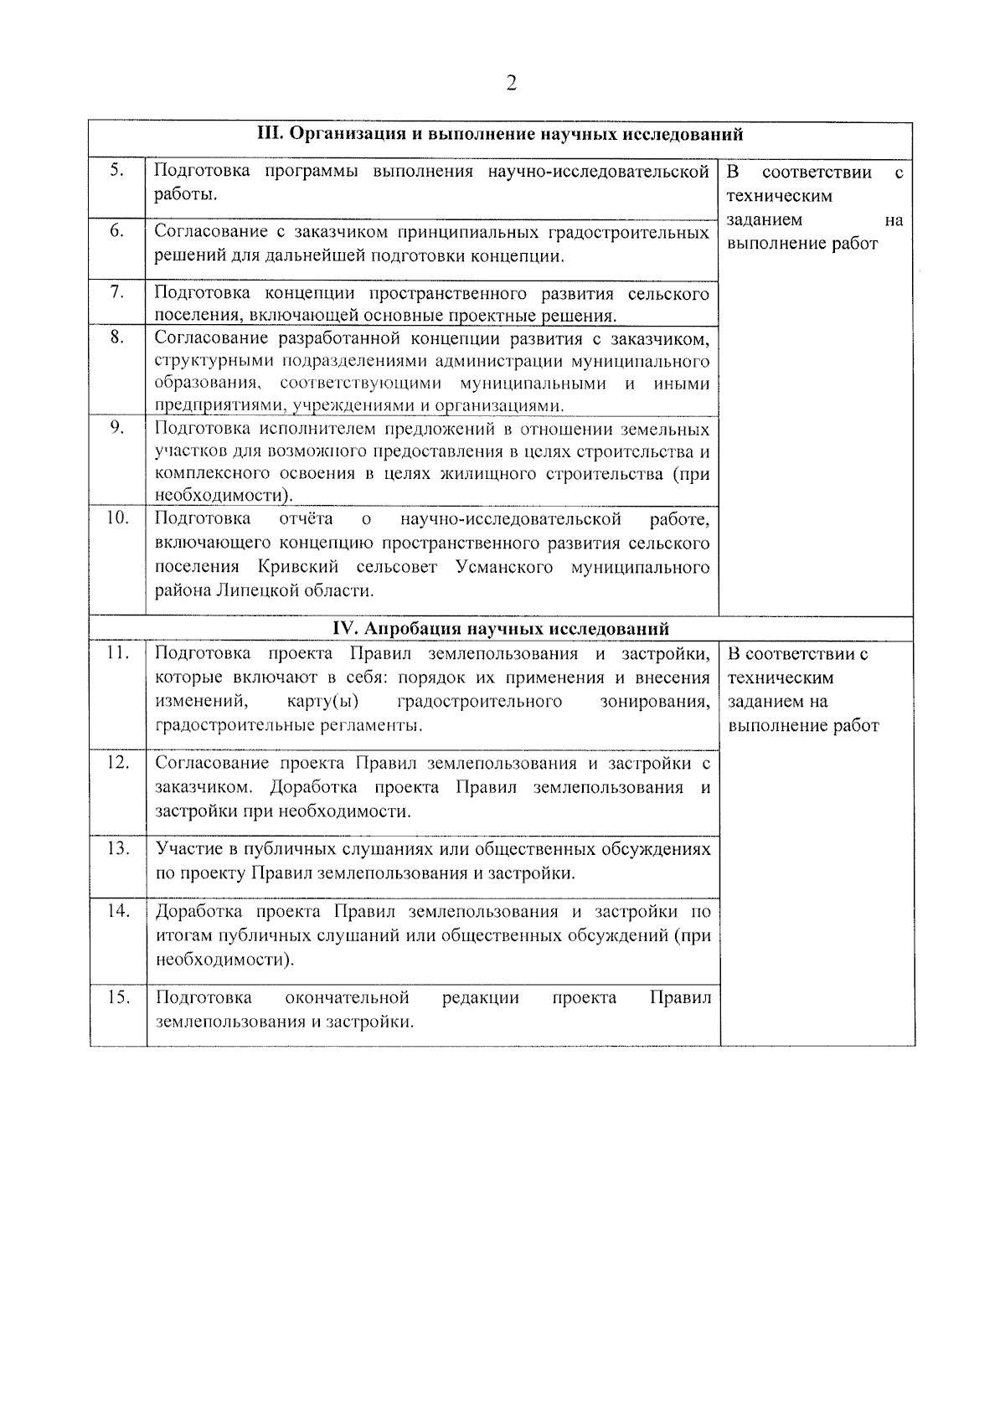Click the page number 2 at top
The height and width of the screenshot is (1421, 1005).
coord(511,83)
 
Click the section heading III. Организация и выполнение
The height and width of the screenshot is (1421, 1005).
coord(500,134)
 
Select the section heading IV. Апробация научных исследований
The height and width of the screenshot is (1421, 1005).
coord(501,628)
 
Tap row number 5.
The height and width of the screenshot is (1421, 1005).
coord(117,171)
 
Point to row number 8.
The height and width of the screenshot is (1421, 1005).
coord(117,337)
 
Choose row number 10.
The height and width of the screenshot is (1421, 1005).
coord(117,518)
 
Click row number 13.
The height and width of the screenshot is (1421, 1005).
coord(117,848)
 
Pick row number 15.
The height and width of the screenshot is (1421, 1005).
coord(117,997)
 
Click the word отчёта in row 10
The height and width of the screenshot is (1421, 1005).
coord(306,520)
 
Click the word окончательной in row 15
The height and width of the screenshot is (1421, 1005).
coord(347,997)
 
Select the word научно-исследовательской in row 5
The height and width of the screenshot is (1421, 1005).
coord(600,172)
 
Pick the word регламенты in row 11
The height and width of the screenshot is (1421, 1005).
coord(376,724)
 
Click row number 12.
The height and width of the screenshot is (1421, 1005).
coord(117,762)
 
